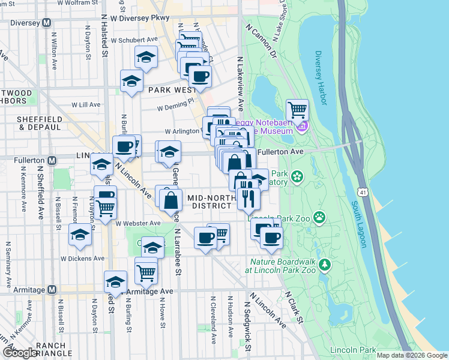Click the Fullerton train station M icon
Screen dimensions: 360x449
(x=52, y=160)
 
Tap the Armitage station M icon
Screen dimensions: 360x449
(x=52, y=290)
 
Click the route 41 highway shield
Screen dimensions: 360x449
(x=362, y=192)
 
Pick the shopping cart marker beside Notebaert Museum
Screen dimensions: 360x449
(x=297, y=111)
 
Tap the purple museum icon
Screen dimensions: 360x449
(x=303, y=127)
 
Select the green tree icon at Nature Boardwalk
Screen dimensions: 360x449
(x=325, y=264)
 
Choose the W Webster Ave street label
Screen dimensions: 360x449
(x=138, y=223)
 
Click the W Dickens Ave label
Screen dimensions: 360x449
(x=82, y=259)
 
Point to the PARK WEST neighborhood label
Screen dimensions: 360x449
(x=172, y=90)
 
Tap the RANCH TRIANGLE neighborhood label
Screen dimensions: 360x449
(x=55, y=350)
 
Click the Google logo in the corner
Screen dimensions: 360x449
(x=19, y=353)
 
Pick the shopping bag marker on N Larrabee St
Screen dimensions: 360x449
(x=171, y=200)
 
